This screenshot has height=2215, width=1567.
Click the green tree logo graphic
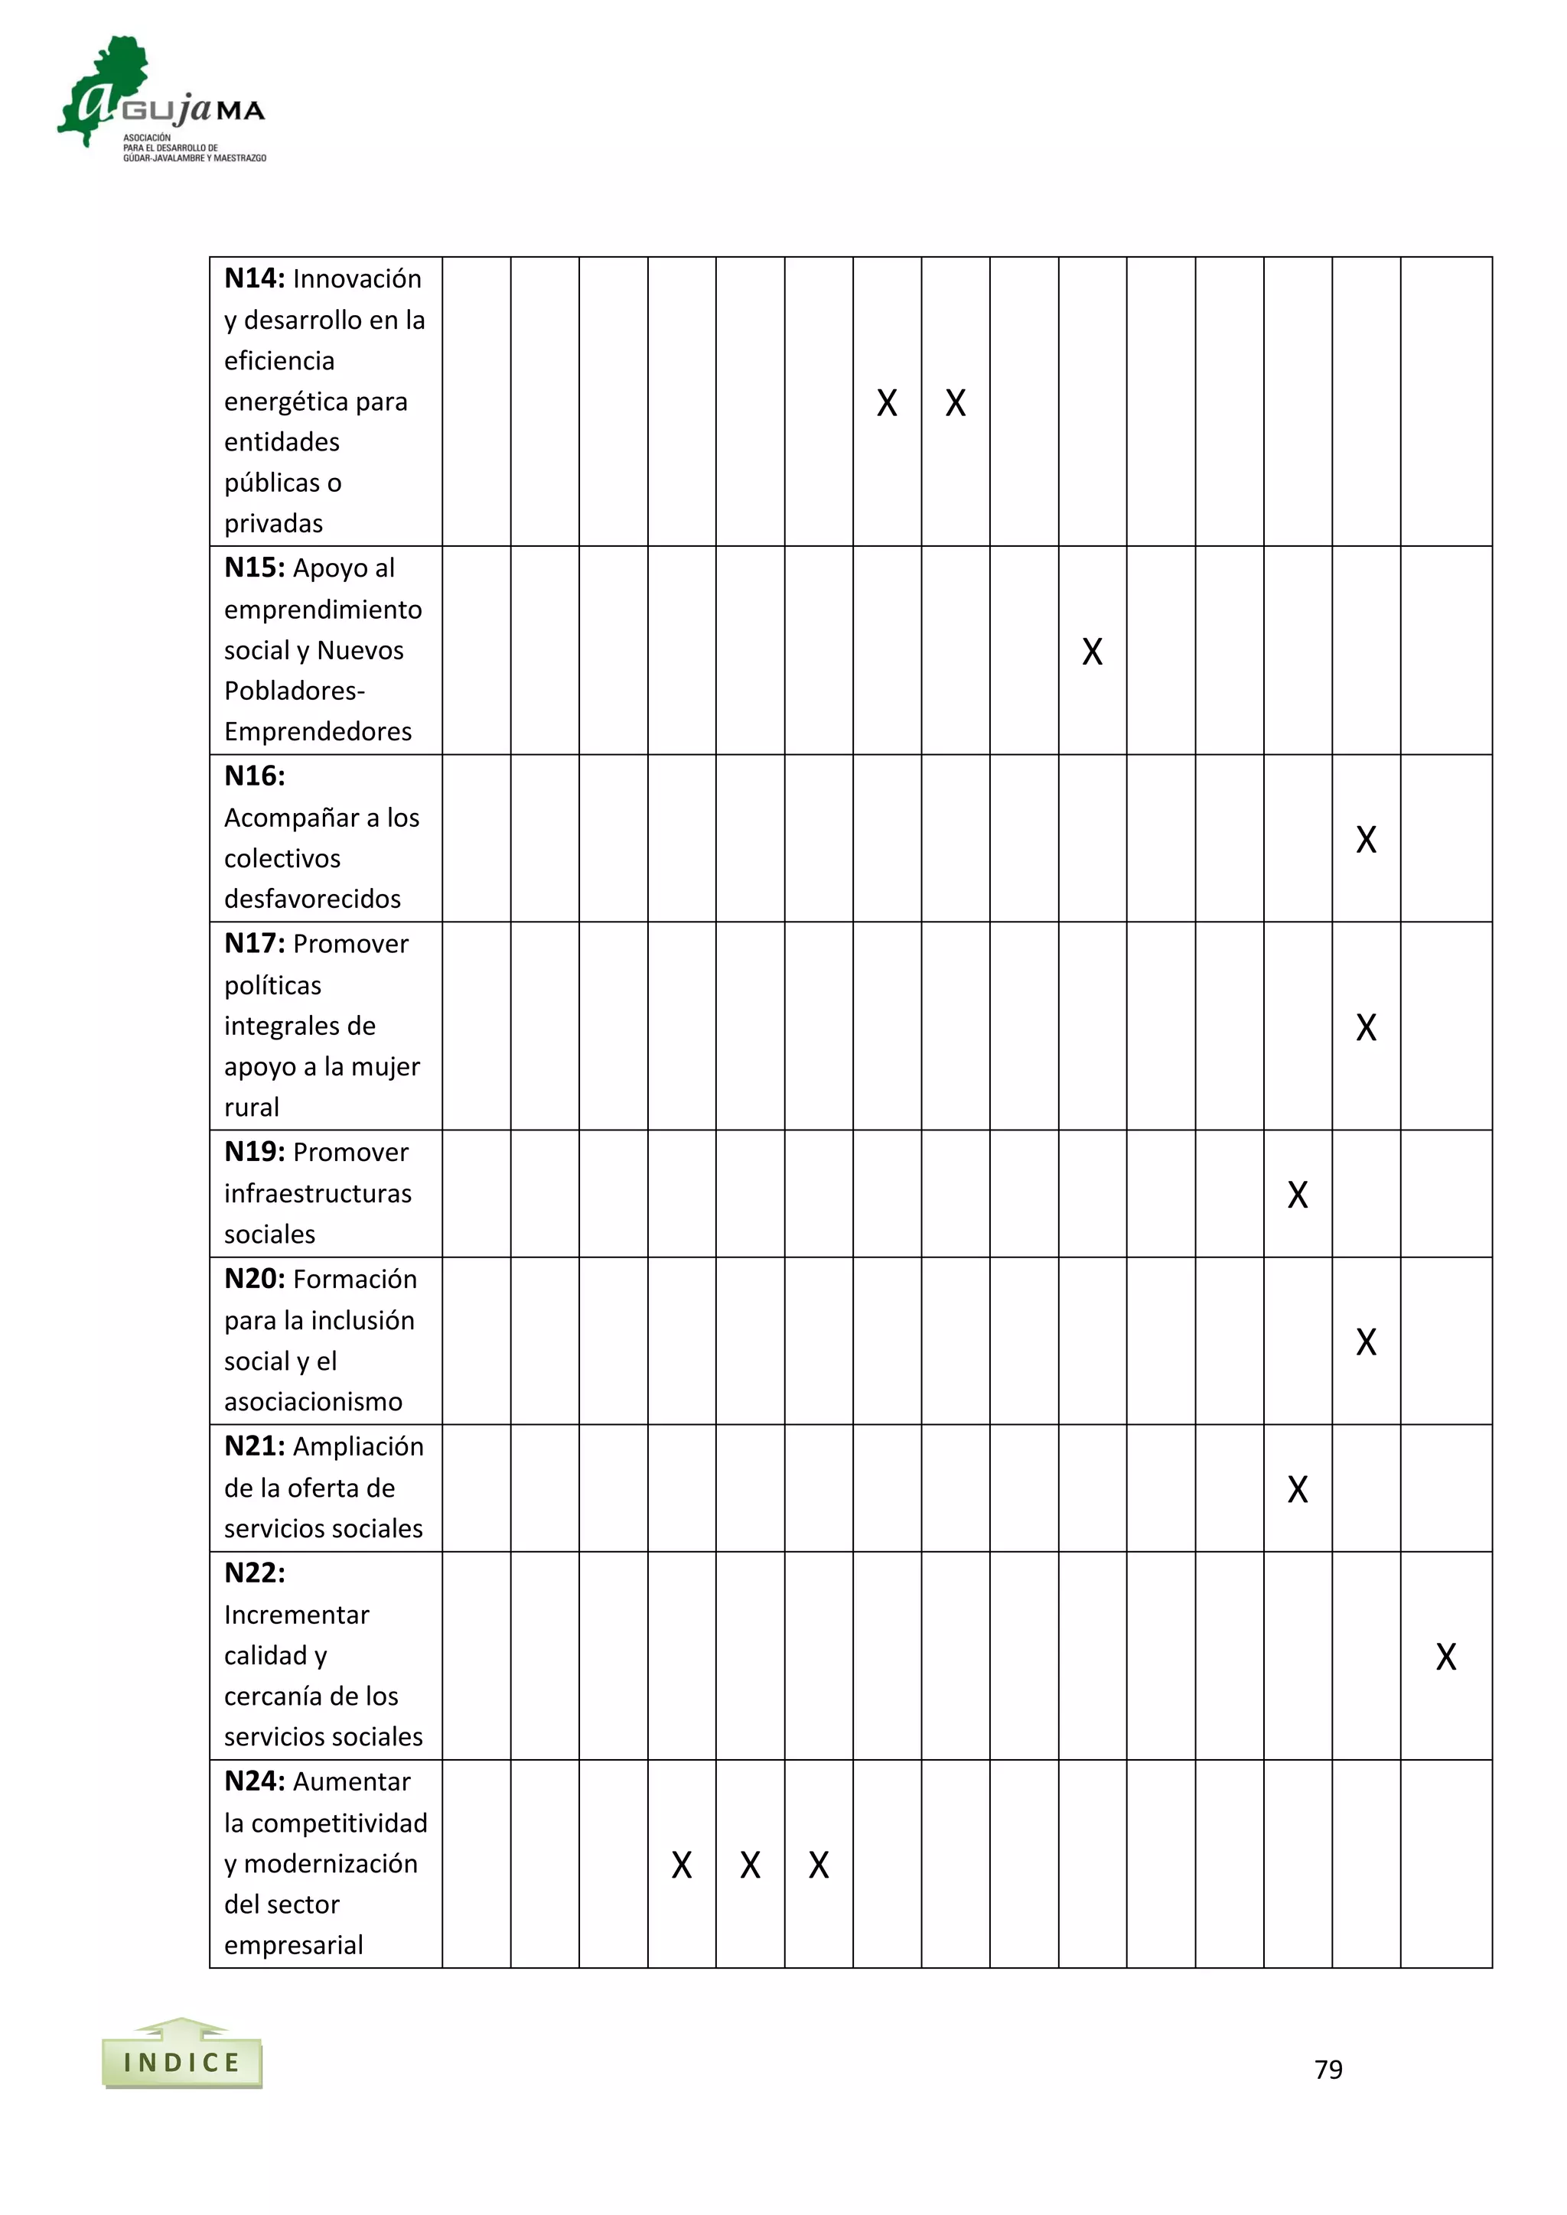106,89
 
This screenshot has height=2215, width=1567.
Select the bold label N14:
255,279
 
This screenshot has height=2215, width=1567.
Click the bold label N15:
255,568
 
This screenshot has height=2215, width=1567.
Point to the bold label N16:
255,776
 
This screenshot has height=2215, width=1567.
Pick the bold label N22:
255,1573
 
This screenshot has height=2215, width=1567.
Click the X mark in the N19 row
1297,1195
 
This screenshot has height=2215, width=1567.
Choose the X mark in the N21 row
1297,1489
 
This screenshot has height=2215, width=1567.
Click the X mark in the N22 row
1445,1657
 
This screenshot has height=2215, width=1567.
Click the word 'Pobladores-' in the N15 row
295,691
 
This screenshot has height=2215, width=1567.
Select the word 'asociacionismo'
313,1402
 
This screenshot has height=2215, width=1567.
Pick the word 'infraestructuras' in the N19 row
318,1195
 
